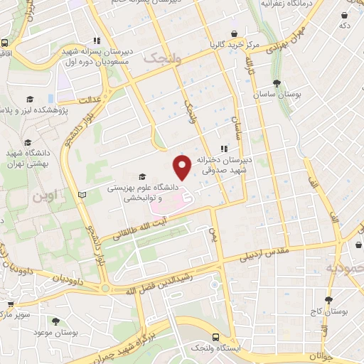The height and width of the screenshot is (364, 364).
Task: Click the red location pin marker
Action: [182, 167]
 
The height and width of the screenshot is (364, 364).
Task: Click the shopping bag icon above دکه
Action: [345, 14]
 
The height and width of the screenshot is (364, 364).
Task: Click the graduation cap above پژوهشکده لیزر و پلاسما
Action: [31, 99]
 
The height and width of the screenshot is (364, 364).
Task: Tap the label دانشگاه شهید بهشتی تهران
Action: [25, 158]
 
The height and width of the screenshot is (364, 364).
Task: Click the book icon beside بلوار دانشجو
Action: [82, 193]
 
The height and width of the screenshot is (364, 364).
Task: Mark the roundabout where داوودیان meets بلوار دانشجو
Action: [105, 288]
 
